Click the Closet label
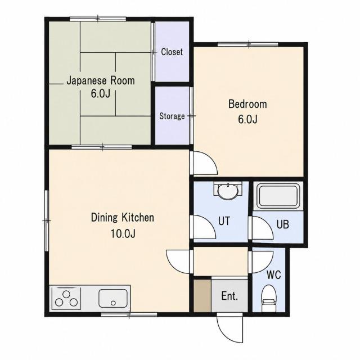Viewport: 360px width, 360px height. pyautogui.click(x=172, y=52)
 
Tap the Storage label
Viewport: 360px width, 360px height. pyautogui.click(x=172, y=116)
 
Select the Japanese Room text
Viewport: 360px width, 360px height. pyautogui.click(x=101, y=80)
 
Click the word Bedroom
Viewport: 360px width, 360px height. pyautogui.click(x=247, y=104)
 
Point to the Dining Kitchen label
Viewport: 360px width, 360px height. pyautogui.click(x=123, y=218)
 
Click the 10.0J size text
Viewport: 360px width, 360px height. pyautogui.click(x=123, y=233)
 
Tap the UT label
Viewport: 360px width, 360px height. pyautogui.click(x=224, y=221)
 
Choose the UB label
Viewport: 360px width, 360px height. pyautogui.click(x=282, y=224)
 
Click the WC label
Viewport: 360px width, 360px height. pyautogui.click(x=274, y=274)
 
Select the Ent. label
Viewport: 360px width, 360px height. pyautogui.click(x=229, y=296)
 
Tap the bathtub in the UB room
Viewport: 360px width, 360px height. pyautogui.click(x=278, y=196)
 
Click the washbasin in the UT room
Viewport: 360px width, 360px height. pyautogui.click(x=228, y=190)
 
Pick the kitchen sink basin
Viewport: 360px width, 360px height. pyautogui.click(x=113, y=298)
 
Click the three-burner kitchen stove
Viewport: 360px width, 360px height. pyautogui.click(x=66, y=299)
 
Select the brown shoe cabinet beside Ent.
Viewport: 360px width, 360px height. pyautogui.click(x=202, y=296)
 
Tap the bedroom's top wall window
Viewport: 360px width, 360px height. pyautogui.click(x=247, y=44)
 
